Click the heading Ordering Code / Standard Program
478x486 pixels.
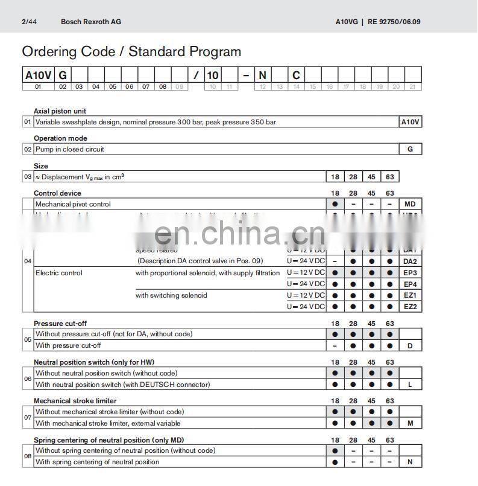[x=131, y=52]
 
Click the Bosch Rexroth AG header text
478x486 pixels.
[x=91, y=22]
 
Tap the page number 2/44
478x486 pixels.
[x=28, y=22]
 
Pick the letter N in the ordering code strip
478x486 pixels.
[x=262, y=75]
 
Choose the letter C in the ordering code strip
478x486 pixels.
[x=296, y=75]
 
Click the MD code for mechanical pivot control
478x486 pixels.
[x=410, y=204]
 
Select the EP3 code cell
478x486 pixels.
[x=410, y=273]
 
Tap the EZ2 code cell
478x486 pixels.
[x=410, y=307]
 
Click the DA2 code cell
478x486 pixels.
[x=410, y=261]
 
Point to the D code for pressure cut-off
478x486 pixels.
[x=410, y=346]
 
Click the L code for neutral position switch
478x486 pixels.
[x=410, y=385]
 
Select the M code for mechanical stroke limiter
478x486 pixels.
[x=410, y=423]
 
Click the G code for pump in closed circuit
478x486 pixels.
[x=410, y=149]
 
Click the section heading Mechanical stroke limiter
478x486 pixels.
[x=75, y=401]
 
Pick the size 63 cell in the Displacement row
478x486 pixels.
[x=390, y=177]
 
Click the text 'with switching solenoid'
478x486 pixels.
[x=171, y=295]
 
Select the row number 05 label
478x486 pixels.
[x=28, y=340]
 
